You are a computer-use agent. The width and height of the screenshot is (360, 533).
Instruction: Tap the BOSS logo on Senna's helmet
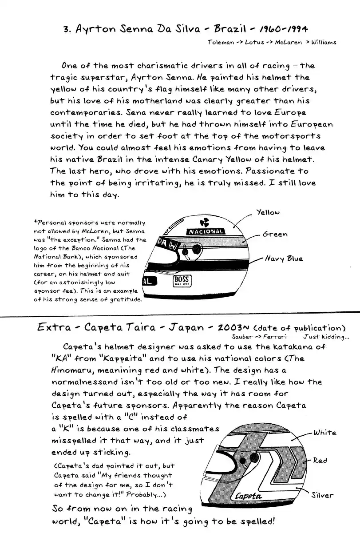182,280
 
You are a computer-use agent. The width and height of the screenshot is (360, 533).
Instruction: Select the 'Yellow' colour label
268,212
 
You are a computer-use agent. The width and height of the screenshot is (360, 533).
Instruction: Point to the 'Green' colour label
275,234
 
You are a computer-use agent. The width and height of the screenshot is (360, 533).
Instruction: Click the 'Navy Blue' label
284,258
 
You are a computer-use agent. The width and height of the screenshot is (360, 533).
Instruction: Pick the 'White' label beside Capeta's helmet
325,432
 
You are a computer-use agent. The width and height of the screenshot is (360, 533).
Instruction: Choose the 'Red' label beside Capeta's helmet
320,461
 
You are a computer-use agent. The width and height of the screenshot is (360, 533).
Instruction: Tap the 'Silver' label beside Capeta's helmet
323,495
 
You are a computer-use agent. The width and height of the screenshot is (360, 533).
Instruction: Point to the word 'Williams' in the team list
324,42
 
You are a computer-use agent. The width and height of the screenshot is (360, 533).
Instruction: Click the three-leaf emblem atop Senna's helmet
204,222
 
